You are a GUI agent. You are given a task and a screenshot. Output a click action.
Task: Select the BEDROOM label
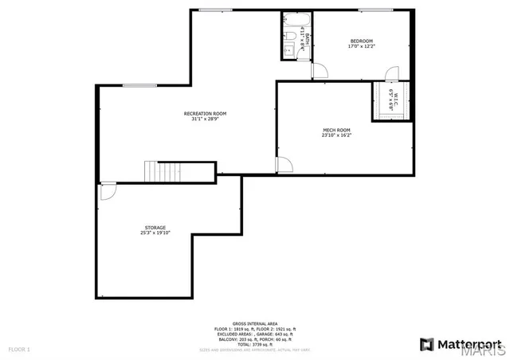[x=361, y=41]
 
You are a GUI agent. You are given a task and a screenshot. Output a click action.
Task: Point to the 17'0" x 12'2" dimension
[x=361, y=46]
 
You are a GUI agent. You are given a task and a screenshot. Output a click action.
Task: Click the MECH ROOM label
[x=337, y=130]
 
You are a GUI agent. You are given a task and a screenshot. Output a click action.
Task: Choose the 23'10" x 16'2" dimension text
[x=337, y=135]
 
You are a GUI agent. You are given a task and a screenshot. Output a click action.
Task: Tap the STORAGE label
[x=155, y=228]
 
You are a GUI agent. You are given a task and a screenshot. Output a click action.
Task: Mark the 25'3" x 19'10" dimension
[x=155, y=233]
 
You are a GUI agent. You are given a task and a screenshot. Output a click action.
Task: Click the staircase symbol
[x=157, y=171]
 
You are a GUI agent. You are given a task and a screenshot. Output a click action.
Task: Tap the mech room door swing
[x=283, y=166]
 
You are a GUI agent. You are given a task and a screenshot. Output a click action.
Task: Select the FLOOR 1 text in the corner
[x=19, y=349]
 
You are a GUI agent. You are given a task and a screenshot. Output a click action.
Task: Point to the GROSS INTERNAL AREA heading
[x=255, y=324]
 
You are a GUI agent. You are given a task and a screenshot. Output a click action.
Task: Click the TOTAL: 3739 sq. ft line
[x=255, y=343]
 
